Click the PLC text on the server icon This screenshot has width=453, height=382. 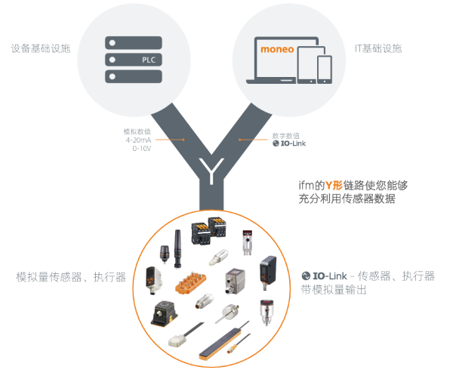(149, 60)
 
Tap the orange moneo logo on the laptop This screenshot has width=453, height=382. (277, 49)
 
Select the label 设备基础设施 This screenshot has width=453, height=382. (41, 48)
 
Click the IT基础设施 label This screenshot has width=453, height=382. (378, 48)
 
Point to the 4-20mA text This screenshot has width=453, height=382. (138, 140)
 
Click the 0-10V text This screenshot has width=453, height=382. (142, 149)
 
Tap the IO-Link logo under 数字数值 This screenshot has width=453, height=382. (289, 143)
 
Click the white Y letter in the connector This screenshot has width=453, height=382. (211, 171)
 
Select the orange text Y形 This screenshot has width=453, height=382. (334, 185)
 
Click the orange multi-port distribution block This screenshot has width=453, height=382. (191, 282)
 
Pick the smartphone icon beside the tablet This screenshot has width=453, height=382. (325, 69)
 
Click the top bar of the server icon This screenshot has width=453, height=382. (134, 43)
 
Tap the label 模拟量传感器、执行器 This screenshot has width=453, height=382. (71, 277)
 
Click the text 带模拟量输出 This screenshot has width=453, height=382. (334, 290)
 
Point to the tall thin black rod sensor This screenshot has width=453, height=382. (177, 249)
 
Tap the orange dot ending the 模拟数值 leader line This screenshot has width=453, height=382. (183, 140)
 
